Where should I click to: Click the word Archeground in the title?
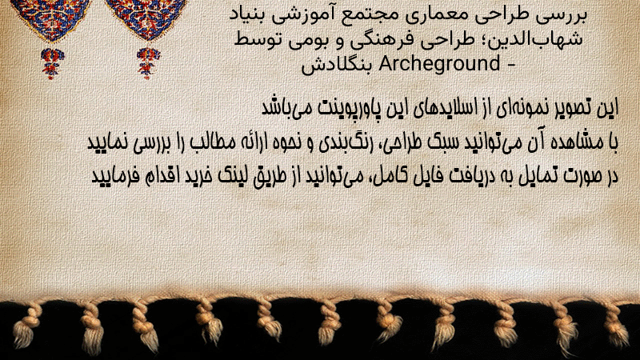(x=439, y=64)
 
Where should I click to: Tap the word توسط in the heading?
(x=254, y=39)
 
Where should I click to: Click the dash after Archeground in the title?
(x=510, y=66)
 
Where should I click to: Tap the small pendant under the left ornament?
(x=52, y=63)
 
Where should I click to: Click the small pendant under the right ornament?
(x=148, y=62)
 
